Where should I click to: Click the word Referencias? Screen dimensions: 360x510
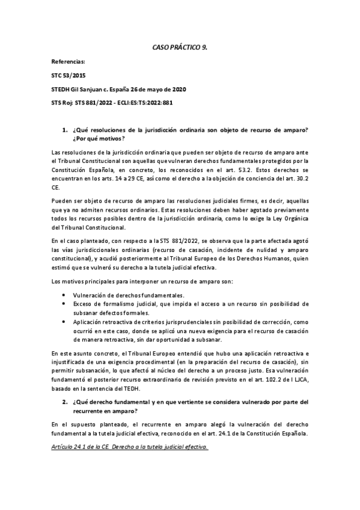tap(69, 62)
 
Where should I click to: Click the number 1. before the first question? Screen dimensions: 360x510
tap(66, 130)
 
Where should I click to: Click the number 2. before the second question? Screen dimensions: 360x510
tap(66, 401)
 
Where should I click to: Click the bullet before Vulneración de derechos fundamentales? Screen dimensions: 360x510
tap(64, 295)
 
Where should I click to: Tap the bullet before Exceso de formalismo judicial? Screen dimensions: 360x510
tap(64, 304)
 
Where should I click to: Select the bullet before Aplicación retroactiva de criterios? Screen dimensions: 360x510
tap(64, 322)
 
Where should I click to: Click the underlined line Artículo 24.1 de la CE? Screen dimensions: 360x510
tap(129, 447)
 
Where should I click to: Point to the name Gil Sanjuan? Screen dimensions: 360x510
tap(93, 89)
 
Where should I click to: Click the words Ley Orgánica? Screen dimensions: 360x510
tap(290, 227)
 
